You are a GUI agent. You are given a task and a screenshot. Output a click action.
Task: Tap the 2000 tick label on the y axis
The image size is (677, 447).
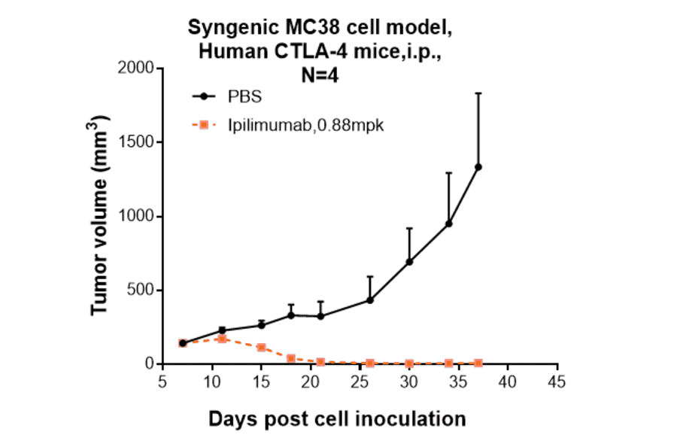click(x=135, y=69)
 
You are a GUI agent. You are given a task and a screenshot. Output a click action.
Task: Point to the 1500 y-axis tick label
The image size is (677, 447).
click(x=135, y=143)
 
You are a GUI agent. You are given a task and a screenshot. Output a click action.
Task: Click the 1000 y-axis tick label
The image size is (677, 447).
click(x=135, y=217)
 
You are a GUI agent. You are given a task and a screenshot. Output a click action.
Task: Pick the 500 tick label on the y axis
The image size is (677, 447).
click(x=140, y=290)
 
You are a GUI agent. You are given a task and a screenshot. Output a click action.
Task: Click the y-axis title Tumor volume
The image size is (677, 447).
click(x=102, y=217)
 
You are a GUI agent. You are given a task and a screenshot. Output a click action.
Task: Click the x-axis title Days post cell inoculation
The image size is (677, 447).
click(x=337, y=418)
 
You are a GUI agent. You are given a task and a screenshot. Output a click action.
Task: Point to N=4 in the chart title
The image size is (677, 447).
click(x=314, y=74)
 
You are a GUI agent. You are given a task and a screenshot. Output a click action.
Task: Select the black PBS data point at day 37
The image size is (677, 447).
click(x=478, y=167)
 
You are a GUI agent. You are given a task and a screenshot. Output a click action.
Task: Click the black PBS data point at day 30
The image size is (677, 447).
click(x=409, y=262)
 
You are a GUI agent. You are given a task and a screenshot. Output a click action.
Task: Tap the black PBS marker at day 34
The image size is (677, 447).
click(x=448, y=223)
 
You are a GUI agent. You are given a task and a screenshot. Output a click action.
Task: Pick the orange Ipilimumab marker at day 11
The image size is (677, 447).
click(x=223, y=339)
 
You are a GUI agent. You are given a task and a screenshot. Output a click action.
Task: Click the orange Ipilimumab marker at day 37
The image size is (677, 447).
click(x=478, y=363)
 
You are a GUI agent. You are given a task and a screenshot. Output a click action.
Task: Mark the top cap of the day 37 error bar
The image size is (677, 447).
click(x=478, y=93)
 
